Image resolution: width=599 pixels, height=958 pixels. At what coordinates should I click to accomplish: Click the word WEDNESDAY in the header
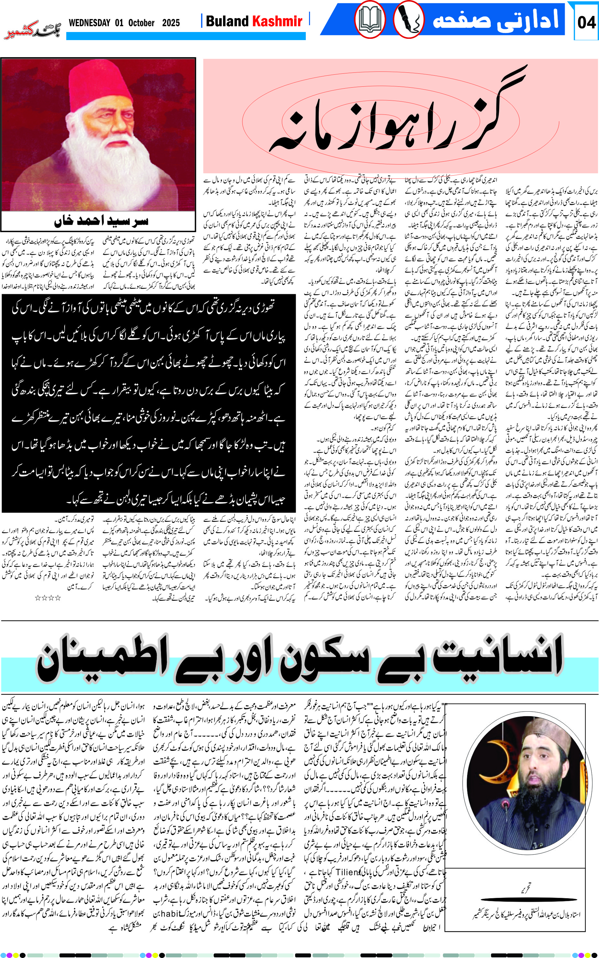coord(89,23)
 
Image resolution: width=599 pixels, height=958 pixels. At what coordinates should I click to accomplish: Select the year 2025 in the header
coord(171,23)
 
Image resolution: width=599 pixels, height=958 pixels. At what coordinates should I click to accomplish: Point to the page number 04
coord(586,22)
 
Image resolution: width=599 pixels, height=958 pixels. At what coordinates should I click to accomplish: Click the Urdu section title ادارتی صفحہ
coord(495,20)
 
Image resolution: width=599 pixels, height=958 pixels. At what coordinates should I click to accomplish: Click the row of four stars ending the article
coord(48,598)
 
